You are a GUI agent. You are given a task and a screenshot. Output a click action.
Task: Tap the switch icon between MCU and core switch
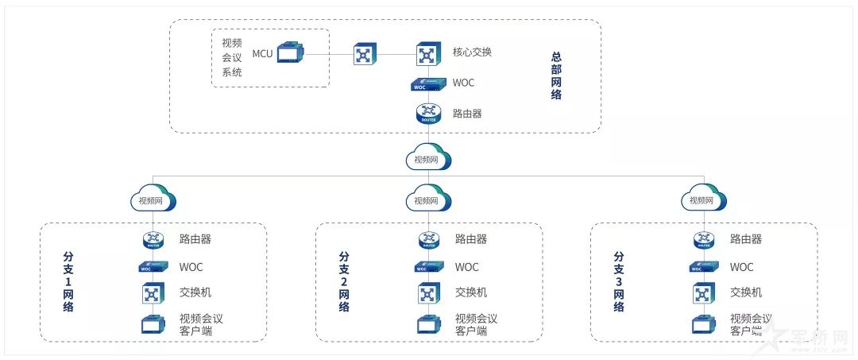pyautogui.click(x=365, y=54)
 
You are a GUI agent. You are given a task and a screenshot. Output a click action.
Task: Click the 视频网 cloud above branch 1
pyautogui.click(x=153, y=199)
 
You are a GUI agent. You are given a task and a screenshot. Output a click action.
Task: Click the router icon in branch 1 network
pyautogui.click(x=153, y=239)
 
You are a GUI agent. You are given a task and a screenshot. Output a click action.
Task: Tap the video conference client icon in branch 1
pyautogui.click(x=153, y=323)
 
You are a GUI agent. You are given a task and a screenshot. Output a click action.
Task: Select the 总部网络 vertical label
pyautogui.click(x=556, y=76)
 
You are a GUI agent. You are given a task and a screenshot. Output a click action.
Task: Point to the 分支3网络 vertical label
pyautogui.click(x=619, y=282)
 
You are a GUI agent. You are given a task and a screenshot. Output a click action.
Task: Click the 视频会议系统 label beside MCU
pyautogui.click(x=232, y=57)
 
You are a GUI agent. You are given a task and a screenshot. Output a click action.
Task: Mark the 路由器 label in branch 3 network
pyautogui.click(x=746, y=238)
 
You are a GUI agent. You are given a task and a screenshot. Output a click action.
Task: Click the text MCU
pyautogui.click(x=262, y=54)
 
